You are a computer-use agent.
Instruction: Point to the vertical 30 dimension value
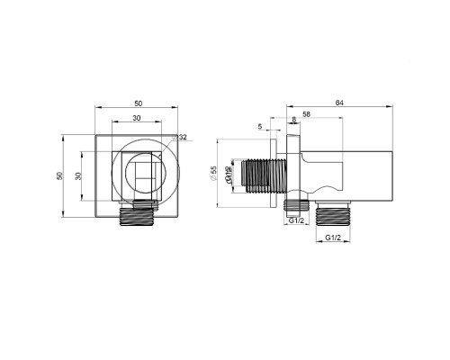tap(77, 175)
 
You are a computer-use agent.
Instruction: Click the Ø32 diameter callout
tap(182, 137)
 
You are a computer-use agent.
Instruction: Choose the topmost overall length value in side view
tap(338, 102)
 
